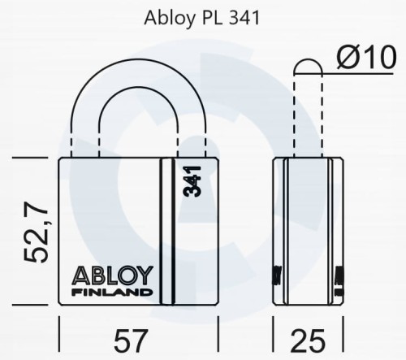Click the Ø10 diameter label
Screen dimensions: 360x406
pos(367,58)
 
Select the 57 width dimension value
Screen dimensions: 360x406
pos(140,340)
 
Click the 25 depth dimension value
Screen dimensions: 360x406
pos(308,340)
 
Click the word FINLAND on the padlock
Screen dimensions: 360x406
pos(112,291)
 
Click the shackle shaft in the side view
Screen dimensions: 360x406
pos(307,114)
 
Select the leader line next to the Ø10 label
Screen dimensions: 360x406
pos(329,74)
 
